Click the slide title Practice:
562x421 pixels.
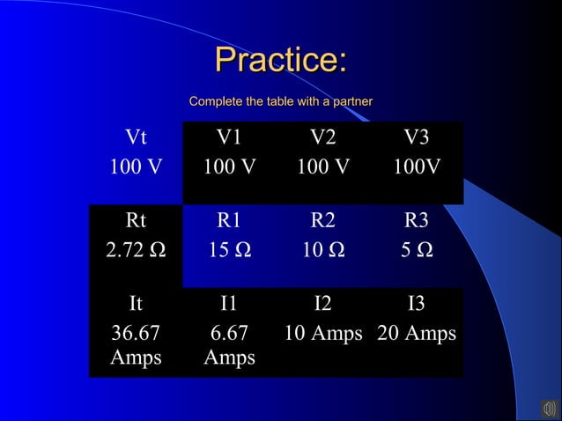[281, 61]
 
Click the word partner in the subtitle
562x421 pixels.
[350, 102]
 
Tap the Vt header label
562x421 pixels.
[136, 138]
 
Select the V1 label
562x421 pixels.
[229, 138]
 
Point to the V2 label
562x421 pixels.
[322, 138]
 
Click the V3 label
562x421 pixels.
[417, 138]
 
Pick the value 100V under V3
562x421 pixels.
[417, 167]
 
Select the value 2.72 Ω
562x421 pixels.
[136, 251]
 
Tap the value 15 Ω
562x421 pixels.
[229, 251]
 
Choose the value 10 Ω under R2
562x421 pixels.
[322, 251]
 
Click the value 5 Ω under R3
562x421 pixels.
[417, 251]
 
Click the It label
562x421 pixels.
[136, 305]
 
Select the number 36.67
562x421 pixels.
[136, 334]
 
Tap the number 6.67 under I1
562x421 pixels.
[229, 334]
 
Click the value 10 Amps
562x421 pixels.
[322, 334]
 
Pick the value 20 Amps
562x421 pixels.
[417, 334]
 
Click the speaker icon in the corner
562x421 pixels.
[549, 408]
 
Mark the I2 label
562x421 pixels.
[322, 305]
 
